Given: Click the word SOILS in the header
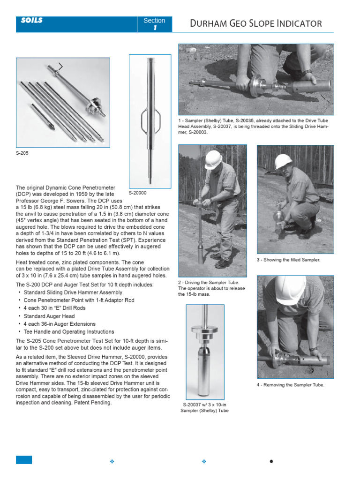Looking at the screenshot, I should click(x=32, y=21).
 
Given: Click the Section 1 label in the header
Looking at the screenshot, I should click(x=154, y=24).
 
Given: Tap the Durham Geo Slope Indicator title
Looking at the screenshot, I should click(x=255, y=23).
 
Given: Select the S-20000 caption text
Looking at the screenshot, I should click(x=137, y=192).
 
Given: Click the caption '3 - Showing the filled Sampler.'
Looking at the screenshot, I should click(x=288, y=260).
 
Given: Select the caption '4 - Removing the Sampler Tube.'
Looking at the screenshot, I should click(x=290, y=385).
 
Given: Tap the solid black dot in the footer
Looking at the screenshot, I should click(x=271, y=461).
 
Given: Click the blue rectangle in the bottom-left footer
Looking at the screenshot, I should click(x=24, y=460).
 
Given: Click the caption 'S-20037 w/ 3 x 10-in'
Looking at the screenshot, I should click(x=204, y=404).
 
